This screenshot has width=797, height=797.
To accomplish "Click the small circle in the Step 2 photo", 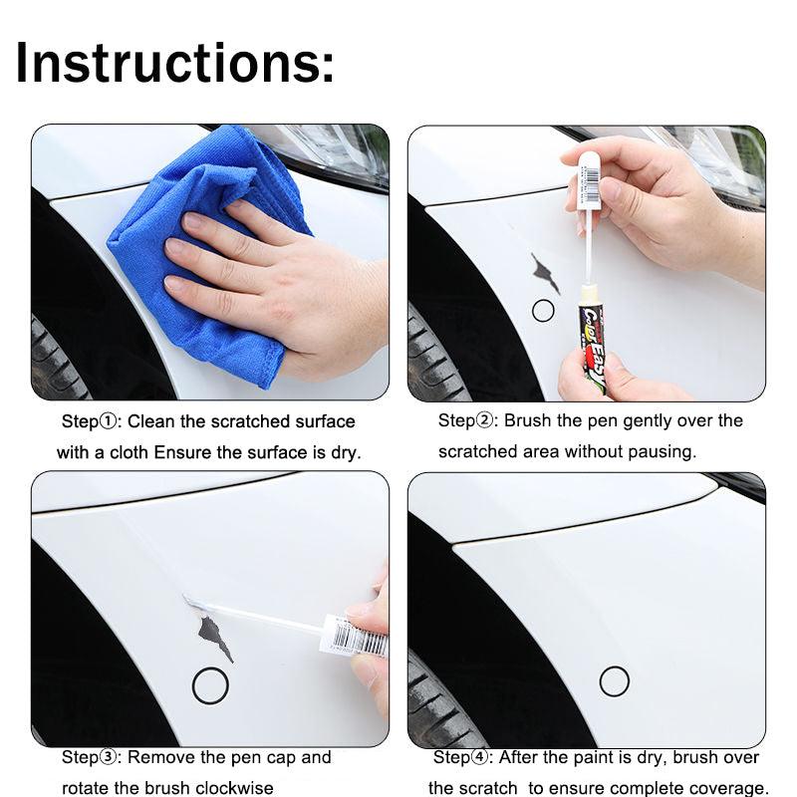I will coord(543,311).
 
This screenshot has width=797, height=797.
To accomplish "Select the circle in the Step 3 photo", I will coord(210,684).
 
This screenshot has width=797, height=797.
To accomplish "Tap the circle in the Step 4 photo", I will coord(614,681).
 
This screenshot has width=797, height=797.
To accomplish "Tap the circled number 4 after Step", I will coord(482,758).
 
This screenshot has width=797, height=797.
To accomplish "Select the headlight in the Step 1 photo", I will coord(339,149).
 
